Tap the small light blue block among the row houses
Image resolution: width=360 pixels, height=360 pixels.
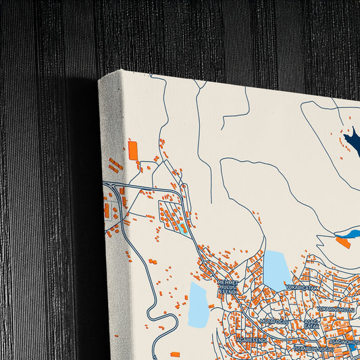pos(184,228)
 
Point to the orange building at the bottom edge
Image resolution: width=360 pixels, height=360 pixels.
pos(175,354)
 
